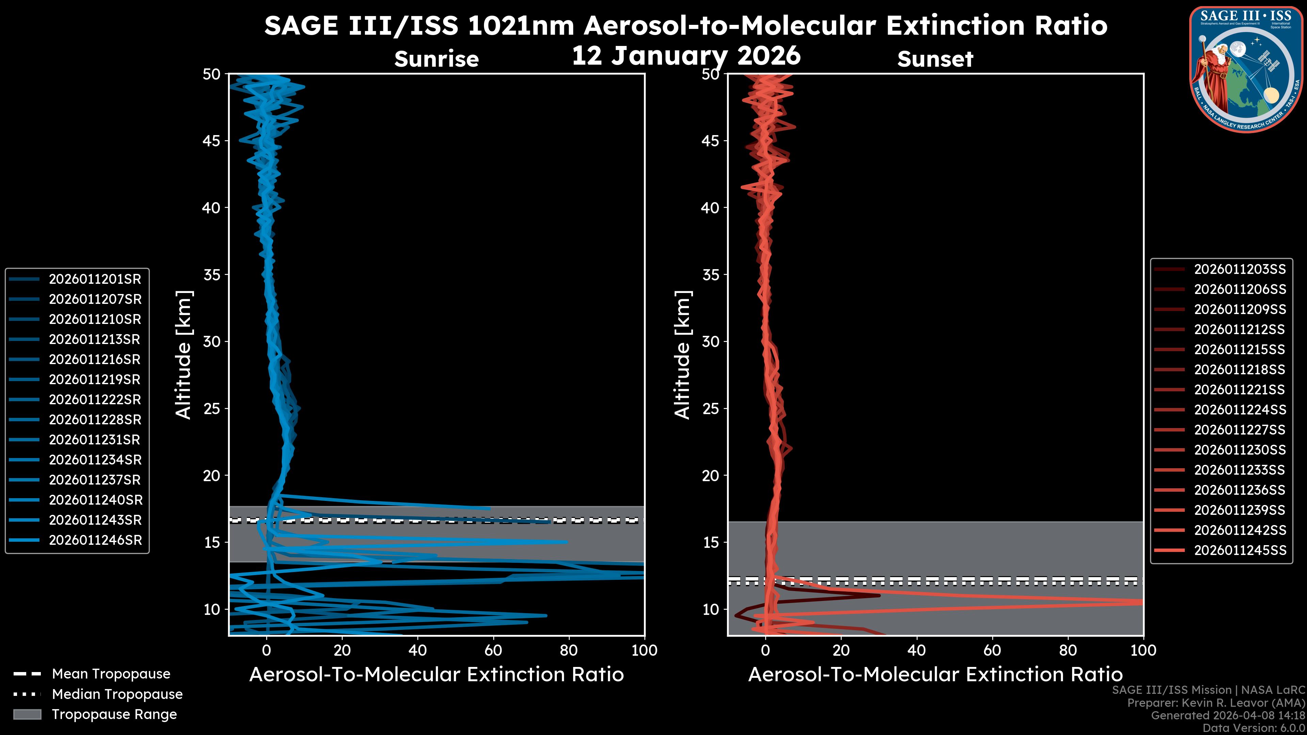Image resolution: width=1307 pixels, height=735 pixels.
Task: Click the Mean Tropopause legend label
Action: (111, 674)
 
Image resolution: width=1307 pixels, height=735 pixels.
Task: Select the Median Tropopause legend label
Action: (117, 695)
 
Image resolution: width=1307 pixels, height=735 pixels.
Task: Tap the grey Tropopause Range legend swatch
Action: (27, 714)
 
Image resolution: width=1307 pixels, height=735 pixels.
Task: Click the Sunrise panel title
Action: (436, 59)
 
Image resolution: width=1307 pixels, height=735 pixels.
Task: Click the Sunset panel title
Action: (935, 59)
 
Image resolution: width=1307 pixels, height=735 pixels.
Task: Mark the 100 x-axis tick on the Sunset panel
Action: (1143, 650)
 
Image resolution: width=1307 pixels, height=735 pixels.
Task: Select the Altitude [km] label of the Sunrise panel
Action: (184, 355)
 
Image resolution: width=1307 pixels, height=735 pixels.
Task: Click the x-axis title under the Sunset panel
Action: (935, 675)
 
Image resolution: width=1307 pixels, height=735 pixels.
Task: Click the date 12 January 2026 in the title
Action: (686, 56)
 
